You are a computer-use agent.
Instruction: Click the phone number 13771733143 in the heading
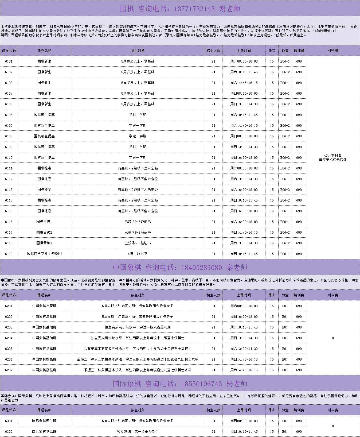pyautogui.click(x=194, y=9)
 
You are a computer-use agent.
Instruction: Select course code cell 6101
pyautogui.click(x=9, y=61)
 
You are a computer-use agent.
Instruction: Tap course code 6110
pyautogui.click(x=9, y=158)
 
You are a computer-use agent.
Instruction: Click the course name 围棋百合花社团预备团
pyautogui.click(x=44, y=254)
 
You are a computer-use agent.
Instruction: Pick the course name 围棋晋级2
pyautogui.click(x=44, y=233)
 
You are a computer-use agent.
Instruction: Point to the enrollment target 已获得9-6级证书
pyautogui.click(x=138, y=222)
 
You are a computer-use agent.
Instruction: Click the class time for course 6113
pyautogui.click(x=244, y=190)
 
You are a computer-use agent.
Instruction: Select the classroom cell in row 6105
pyautogui.click(x=285, y=104)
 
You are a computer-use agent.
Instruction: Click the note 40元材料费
pyautogui.click(x=332, y=156)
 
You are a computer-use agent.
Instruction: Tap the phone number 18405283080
pyautogui.click(x=201, y=268)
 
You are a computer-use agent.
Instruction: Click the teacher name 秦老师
pyautogui.click(x=237, y=268)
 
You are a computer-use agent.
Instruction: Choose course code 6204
pyautogui.click(x=9, y=338)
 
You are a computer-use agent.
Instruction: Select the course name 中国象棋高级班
pyautogui.click(x=44, y=370)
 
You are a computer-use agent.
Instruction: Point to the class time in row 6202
pyautogui.click(x=244, y=317)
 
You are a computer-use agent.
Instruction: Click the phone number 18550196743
pyautogui.click(x=201, y=384)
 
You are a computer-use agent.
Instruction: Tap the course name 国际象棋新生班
pyautogui.click(x=44, y=421)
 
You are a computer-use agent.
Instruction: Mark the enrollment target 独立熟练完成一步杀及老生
pyautogui.click(x=138, y=432)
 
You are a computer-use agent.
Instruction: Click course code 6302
pyautogui.click(x=9, y=432)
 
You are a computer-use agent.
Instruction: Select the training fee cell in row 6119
pyautogui.click(x=299, y=254)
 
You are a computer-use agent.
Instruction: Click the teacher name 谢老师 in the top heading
pyautogui.click(x=230, y=9)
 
